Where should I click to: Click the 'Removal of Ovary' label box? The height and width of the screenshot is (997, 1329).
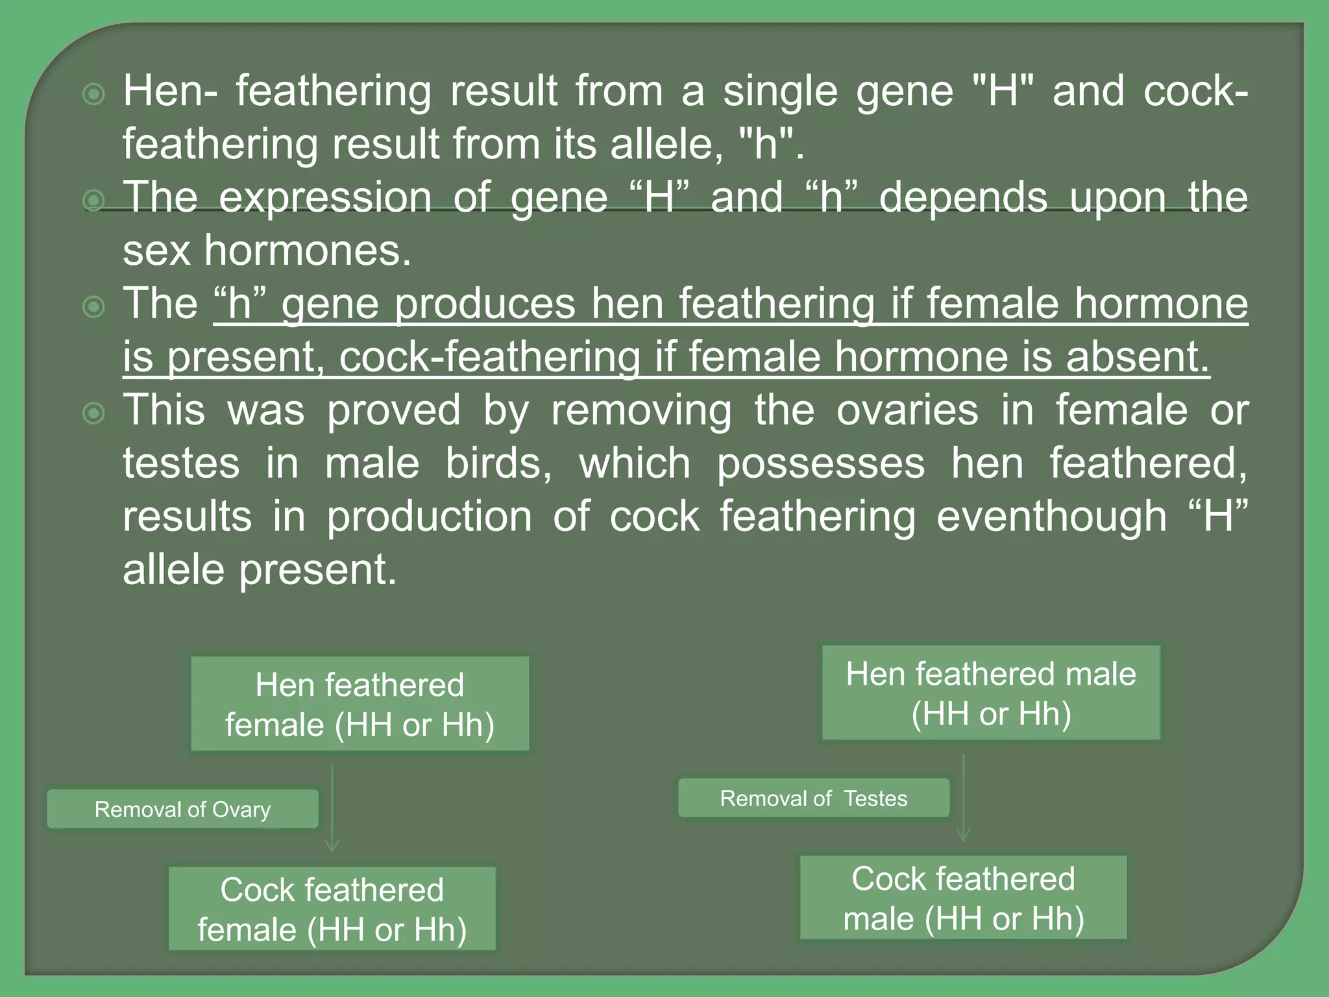[x=182, y=809]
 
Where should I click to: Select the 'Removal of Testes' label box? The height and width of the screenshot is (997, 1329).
[x=813, y=798]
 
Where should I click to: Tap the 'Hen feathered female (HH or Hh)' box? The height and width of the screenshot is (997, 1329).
[x=360, y=704]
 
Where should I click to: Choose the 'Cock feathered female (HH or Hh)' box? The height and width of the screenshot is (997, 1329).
[x=332, y=909]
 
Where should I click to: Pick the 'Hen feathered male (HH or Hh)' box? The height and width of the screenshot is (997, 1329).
[x=991, y=693]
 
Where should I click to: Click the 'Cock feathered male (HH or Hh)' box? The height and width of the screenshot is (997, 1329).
[x=963, y=898]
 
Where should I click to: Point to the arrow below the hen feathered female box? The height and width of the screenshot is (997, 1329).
[x=332, y=808]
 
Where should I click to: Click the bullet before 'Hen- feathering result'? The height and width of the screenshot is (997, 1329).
[x=95, y=95]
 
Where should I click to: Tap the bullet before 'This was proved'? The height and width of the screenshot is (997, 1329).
[x=95, y=413]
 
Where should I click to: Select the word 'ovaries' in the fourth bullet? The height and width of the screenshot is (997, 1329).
[x=907, y=411]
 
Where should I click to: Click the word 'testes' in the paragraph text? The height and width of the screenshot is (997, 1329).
[x=181, y=464]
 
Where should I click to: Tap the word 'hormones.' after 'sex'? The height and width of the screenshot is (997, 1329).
[x=308, y=251]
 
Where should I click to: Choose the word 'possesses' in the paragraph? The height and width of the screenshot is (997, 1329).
[x=820, y=464]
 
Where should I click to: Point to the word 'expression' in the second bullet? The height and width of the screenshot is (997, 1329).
[x=324, y=197]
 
